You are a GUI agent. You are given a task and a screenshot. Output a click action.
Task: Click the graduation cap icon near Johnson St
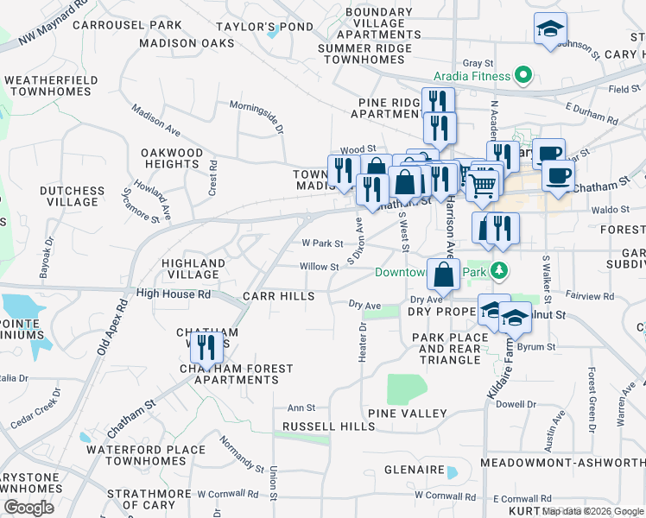click(550, 28)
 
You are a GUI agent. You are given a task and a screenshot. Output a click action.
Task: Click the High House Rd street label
click(173, 294)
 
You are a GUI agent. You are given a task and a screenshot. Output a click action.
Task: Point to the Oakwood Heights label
click(172, 158)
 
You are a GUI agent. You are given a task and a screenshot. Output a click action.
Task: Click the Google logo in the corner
click(28, 508)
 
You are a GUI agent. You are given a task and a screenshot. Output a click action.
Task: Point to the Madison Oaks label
click(187, 42)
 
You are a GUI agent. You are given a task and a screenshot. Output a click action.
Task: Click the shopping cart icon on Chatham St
click(483, 182)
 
